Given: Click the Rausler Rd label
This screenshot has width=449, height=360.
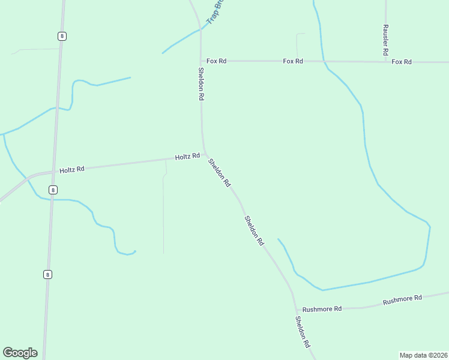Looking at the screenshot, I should pyautogui.click(x=386, y=40).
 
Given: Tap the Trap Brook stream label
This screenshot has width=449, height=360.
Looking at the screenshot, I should pyautogui.click(x=214, y=11).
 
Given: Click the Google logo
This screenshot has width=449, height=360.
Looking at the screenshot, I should pyautogui.click(x=20, y=353).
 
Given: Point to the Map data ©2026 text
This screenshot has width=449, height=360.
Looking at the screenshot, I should pyautogui.click(x=423, y=355).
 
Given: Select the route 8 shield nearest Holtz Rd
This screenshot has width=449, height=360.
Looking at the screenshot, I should pyautogui.click(x=53, y=190).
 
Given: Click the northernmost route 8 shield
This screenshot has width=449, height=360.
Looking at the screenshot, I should pyautogui.click(x=62, y=36).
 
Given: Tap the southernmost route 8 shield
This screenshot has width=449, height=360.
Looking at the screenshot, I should pyautogui.click(x=47, y=274).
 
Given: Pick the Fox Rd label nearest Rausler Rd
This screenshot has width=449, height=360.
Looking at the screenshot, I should pyautogui.click(x=401, y=62).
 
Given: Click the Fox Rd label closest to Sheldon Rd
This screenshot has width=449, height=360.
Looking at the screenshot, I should pyautogui.click(x=216, y=61).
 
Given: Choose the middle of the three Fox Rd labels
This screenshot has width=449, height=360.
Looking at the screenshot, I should pyautogui.click(x=293, y=61).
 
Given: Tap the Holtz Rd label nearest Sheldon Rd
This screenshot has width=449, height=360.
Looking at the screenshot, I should pyautogui.click(x=187, y=157).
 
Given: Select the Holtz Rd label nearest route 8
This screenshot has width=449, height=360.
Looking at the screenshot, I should pyautogui.click(x=72, y=170).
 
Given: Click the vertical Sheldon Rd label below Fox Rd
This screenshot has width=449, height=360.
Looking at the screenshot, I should pyautogui.click(x=202, y=83).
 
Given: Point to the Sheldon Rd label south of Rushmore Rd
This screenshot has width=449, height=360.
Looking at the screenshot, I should pyautogui.click(x=302, y=332).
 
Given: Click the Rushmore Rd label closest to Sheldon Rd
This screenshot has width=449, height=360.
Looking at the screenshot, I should pyautogui.click(x=322, y=309).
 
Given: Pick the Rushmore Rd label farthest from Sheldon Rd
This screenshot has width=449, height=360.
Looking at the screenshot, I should pyautogui.click(x=402, y=298).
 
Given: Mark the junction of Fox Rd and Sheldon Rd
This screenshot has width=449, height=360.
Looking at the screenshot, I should pyautogui.click(x=200, y=61).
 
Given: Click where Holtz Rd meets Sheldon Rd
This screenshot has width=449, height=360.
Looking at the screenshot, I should pyautogui.click(x=205, y=154).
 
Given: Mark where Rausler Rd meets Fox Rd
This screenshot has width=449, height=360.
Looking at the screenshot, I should pyautogui.click(x=386, y=62).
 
